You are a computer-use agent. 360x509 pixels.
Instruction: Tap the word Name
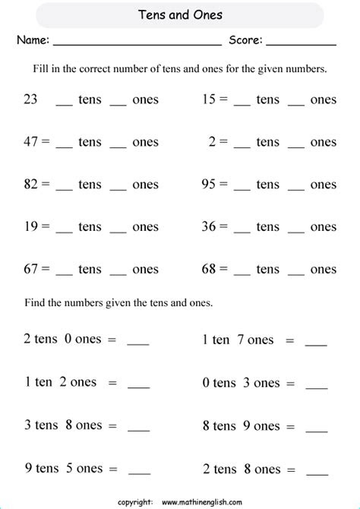tap(33, 40)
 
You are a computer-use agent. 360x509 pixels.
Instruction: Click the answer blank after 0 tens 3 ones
tap(315, 384)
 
